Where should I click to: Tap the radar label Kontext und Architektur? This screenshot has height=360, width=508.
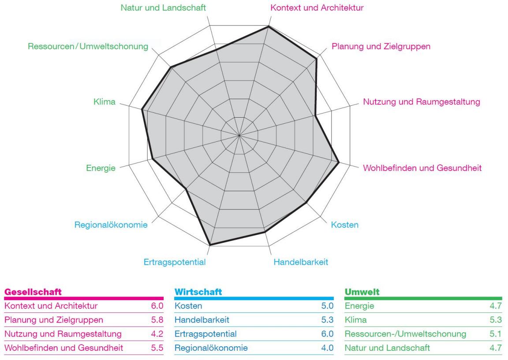[317, 7]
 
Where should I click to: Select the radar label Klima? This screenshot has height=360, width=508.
[105, 102]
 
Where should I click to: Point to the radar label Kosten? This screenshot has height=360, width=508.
[345, 225]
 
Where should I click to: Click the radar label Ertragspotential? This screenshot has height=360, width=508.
[175, 263]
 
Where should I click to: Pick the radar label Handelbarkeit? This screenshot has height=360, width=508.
[301, 263]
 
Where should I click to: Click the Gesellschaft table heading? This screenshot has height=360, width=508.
[33, 292]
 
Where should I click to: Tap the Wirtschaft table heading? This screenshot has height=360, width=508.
[197, 292]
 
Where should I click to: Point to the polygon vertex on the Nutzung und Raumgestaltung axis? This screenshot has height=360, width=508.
[315, 116]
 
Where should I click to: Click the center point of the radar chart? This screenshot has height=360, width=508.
[239, 135]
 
